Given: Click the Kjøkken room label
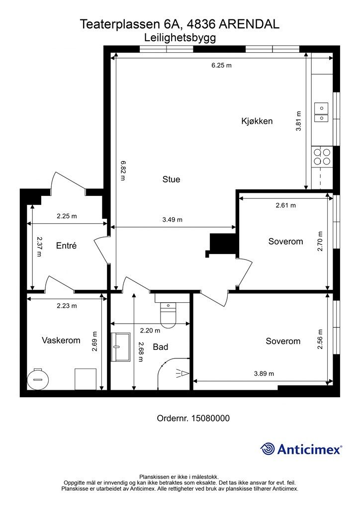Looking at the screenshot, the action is click(x=257, y=121).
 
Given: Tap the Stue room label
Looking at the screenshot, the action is click(x=171, y=179).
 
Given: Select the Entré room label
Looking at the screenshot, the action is click(x=66, y=246).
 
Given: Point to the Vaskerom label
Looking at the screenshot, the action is click(x=61, y=340).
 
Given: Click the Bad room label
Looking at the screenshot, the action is click(x=161, y=347).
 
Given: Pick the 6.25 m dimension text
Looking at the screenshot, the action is click(x=221, y=65).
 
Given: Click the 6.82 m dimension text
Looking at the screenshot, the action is click(x=123, y=171).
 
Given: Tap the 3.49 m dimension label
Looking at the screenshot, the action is click(x=173, y=220).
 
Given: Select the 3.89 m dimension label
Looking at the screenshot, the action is click(x=264, y=374).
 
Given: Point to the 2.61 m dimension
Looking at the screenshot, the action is click(x=285, y=205).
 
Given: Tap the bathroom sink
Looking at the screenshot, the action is click(x=120, y=346).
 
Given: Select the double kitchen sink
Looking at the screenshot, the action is click(x=321, y=112).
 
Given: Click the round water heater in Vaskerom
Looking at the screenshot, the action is click(x=38, y=379).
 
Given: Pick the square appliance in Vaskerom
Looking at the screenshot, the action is click(x=86, y=379).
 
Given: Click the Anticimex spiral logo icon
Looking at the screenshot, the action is click(x=268, y=449).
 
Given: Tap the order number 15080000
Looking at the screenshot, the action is click(x=211, y=418).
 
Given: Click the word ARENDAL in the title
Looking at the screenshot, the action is click(x=249, y=24).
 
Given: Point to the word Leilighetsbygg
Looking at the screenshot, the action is click(x=180, y=38).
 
